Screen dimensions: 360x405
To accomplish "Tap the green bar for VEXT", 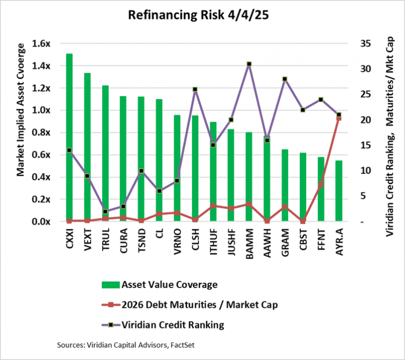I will (x=87, y=147).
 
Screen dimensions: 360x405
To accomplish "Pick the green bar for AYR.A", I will (x=339, y=191).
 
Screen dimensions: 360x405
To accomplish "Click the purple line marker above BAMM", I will (x=249, y=64).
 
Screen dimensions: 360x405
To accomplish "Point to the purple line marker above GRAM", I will (x=285, y=79).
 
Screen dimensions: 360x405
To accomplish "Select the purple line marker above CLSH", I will (x=195, y=89).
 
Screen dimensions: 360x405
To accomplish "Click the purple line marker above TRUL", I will (x=105, y=212).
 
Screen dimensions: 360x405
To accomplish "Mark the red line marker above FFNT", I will (x=321, y=184).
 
